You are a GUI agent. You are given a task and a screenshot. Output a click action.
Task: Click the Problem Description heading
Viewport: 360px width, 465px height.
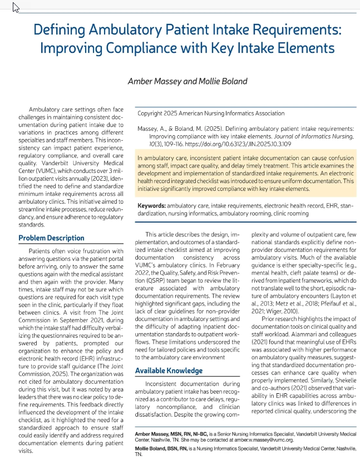[51, 238]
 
